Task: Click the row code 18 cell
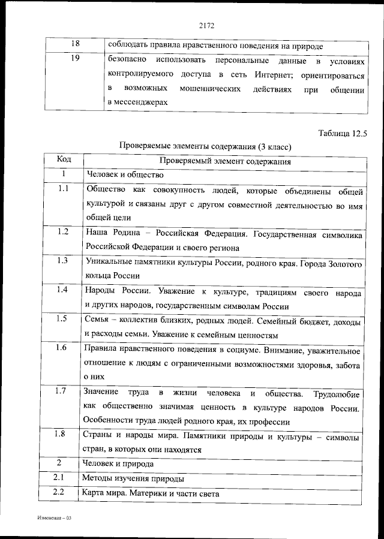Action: pyautogui.click(x=75, y=45)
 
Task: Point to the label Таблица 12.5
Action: pyautogui.click(x=342, y=133)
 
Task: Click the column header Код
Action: pyautogui.click(x=64, y=160)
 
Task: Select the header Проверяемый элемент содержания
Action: pyautogui.click(x=225, y=161)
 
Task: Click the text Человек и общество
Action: pyautogui.click(x=125, y=174)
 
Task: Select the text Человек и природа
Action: pyautogui.click(x=120, y=463)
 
